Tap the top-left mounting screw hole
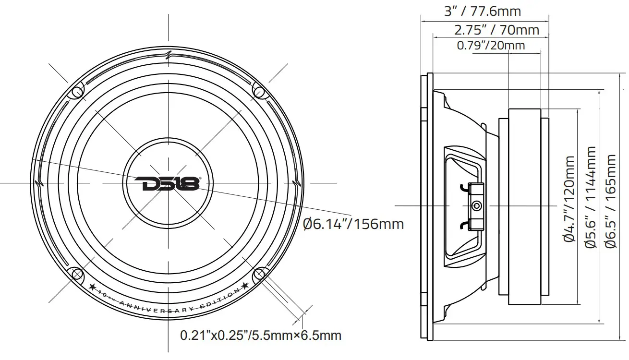pyautogui.click(x=77, y=92)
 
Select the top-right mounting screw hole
pyautogui.click(x=258, y=91)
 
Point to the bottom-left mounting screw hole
pyautogui.click(x=77, y=274)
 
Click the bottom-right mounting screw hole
pyautogui.click(x=259, y=274)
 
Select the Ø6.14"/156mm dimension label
pyautogui.click(x=353, y=224)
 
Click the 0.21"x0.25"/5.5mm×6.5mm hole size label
pyautogui.click(x=261, y=335)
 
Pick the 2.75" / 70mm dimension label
pyautogui.click(x=496, y=30)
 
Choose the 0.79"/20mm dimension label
pyautogui.click(x=491, y=46)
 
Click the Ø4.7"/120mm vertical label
pyautogui.click(x=569, y=198)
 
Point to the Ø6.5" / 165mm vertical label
pyautogui.click(x=611, y=201)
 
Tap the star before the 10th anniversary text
pyautogui.click(x=93, y=288)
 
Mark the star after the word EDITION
pyautogui.click(x=245, y=286)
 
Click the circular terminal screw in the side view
pyautogui.click(x=476, y=206)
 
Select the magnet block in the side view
pyautogui.click(x=526, y=206)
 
